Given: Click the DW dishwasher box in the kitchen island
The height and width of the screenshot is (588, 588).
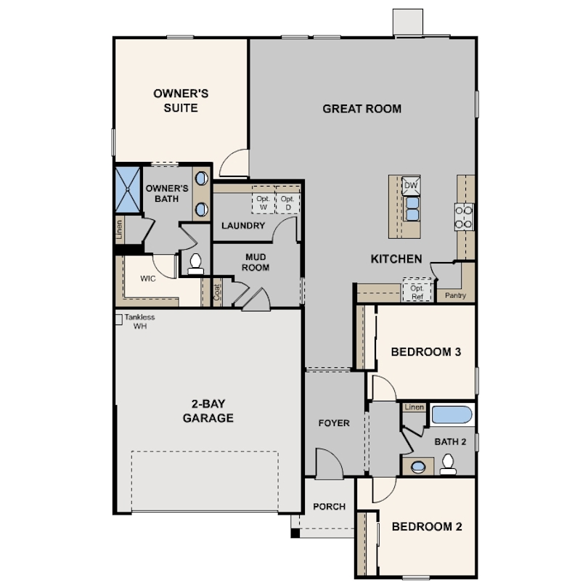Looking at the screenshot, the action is point(411,185).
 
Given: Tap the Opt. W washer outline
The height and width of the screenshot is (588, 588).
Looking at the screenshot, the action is point(264,200).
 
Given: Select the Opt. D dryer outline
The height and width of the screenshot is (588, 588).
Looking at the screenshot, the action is point(288,200).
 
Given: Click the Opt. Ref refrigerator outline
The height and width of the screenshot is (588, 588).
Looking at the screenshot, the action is point(417,289).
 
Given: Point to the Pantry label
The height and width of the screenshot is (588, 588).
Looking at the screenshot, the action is point(455,295).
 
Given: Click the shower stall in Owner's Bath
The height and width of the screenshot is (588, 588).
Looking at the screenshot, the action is point(128,189).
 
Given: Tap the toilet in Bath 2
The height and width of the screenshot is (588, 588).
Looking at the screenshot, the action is point(448,465).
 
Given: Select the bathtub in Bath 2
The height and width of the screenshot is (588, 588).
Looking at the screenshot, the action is point(452,415).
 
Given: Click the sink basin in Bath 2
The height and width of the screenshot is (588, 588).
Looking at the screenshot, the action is point(417,467).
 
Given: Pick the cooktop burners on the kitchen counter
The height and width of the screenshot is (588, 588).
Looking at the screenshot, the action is point(464,217).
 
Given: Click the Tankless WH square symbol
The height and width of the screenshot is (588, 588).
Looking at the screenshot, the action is point(119,319).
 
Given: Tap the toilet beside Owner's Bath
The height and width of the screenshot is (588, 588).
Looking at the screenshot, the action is point(195,264).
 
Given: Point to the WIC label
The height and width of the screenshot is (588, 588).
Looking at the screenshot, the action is point(148,279).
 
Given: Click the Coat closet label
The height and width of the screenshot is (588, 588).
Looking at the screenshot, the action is point(217,292).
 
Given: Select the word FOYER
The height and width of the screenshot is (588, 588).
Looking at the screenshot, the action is point(334,423).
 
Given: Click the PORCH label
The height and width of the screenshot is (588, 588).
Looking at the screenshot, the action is point(330,507).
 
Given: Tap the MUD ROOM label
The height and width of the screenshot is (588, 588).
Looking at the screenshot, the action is point(256,262).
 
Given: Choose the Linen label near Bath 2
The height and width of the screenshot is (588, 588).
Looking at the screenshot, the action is point(415,407).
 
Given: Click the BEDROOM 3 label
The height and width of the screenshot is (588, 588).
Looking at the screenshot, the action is point(426,352).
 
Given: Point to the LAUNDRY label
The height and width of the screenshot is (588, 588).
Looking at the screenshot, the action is point(243,225).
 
